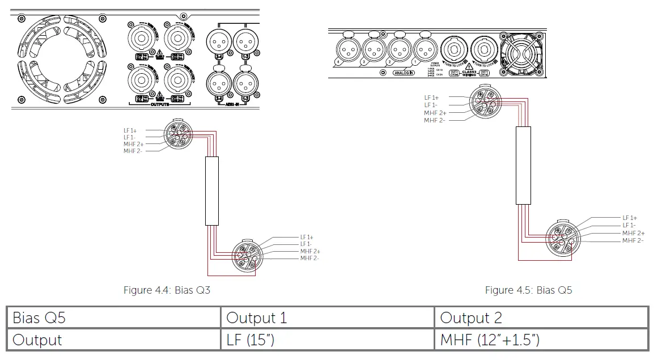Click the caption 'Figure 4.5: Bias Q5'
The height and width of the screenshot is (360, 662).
coord(528,290)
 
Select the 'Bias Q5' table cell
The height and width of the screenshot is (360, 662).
coord(39,317)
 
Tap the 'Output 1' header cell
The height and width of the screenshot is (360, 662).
coord(257,317)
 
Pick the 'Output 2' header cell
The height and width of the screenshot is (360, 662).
coord(471,317)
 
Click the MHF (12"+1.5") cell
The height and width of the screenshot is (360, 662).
coord(490,340)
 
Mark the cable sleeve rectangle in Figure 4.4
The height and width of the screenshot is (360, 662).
coord(211,192)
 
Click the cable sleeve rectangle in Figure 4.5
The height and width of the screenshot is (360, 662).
coord(523,165)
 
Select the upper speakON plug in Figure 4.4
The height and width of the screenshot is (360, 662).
coord(178,135)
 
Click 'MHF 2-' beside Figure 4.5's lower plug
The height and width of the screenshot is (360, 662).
coord(633,241)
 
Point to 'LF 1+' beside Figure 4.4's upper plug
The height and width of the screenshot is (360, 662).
coord(130,131)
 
